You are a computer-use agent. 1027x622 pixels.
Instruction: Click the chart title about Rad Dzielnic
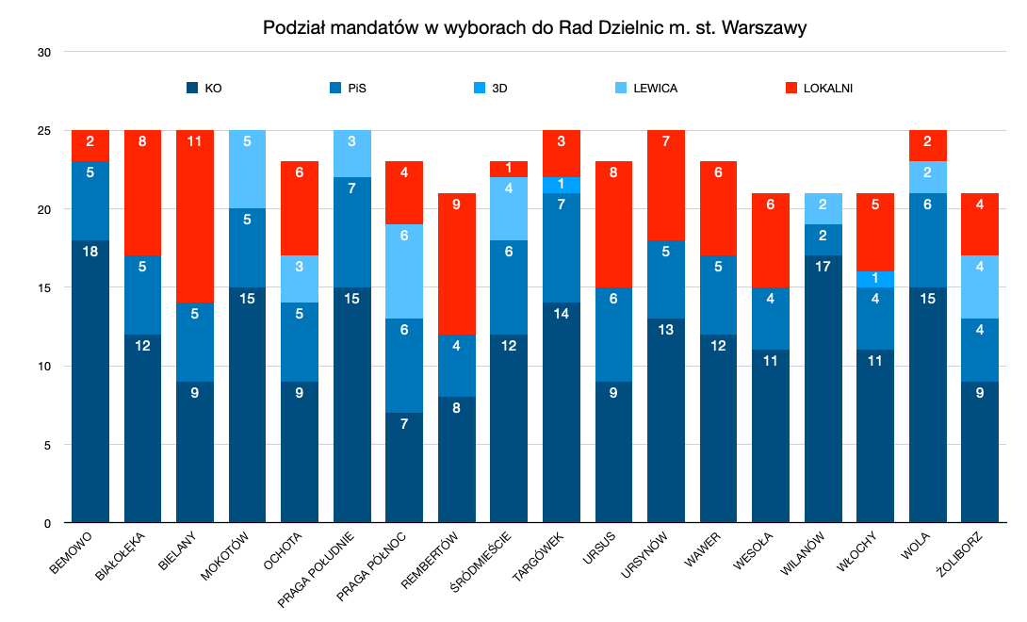(534, 28)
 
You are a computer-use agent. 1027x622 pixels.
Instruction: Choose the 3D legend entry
(498, 89)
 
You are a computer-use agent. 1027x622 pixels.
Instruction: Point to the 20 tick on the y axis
(44, 209)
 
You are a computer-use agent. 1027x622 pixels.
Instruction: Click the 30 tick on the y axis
(44, 52)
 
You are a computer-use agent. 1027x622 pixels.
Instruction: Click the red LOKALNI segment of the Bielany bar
(195, 217)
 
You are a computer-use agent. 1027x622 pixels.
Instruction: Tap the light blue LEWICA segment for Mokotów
(247, 170)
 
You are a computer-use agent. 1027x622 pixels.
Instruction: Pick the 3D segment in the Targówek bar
(562, 185)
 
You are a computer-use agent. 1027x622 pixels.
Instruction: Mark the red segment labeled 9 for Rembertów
(457, 264)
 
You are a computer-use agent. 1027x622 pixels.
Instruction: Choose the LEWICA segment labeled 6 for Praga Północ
(404, 271)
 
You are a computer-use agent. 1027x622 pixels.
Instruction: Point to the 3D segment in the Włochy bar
(874, 279)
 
